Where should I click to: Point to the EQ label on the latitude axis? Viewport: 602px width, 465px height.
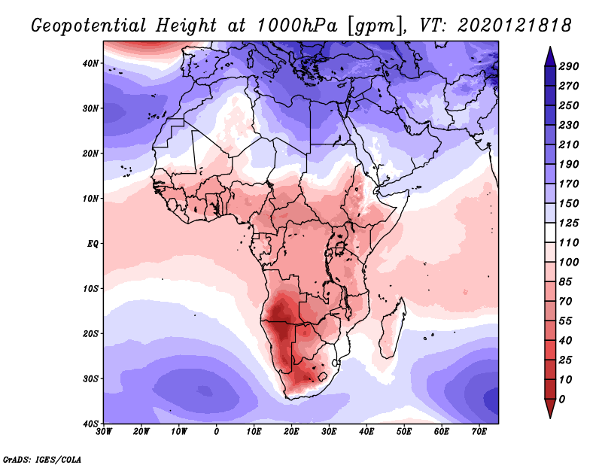point(93,243)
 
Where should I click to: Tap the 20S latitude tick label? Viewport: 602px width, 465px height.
point(91,333)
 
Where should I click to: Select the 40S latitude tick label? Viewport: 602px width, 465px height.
point(91,424)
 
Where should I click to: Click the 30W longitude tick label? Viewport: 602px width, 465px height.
point(104,432)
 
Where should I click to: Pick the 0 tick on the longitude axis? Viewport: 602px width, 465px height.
point(217,432)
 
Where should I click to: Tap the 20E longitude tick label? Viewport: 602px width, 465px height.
point(291,432)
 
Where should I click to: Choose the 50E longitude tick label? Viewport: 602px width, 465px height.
point(404,432)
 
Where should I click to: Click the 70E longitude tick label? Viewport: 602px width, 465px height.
point(479,432)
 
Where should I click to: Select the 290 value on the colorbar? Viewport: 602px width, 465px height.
point(568,66)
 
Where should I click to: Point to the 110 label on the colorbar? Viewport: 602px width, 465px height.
point(568,244)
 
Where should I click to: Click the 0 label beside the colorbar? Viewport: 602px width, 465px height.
point(562,399)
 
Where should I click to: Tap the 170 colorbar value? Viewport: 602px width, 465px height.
point(568,184)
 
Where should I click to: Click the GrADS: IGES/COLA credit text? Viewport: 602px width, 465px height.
point(41,458)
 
